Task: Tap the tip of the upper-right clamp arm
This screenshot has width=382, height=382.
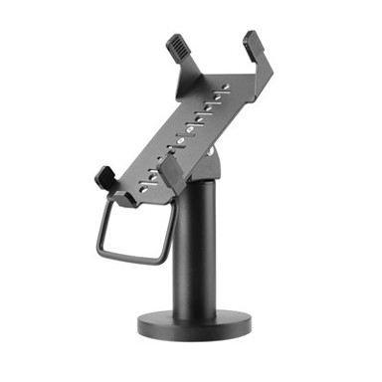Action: coord(252,39)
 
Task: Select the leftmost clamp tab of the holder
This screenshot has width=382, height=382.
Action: coord(104,179)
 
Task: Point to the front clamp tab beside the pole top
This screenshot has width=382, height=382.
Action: coord(168,165)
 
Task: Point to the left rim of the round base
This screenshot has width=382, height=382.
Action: coord(138,323)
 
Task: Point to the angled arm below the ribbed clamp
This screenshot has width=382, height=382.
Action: coord(184,70)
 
